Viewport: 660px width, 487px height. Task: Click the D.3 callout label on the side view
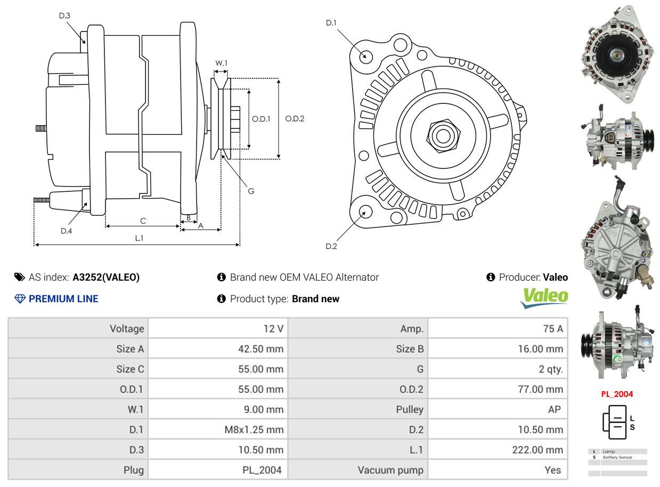[64, 16]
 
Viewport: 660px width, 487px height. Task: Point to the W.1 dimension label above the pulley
[221, 63]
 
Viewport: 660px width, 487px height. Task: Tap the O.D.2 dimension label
[295, 119]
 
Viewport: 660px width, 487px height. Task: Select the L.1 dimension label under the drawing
[139, 238]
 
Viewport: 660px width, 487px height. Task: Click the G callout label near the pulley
[251, 191]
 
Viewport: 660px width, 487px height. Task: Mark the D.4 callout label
[66, 231]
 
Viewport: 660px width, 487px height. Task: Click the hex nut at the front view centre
[442, 135]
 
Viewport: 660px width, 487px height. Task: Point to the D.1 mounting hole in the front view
[365, 55]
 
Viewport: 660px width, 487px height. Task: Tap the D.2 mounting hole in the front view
[365, 212]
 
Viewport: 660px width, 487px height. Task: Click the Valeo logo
[544, 297]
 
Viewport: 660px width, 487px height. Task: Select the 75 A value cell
[552, 329]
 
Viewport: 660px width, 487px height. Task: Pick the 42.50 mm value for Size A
[260, 349]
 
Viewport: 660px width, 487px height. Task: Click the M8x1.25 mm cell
[254, 429]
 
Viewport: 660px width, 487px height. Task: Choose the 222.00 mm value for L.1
[537, 450]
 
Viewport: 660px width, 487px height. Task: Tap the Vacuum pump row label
[390, 470]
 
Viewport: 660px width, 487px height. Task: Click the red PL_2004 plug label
[617, 394]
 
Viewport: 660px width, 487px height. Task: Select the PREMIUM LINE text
[63, 299]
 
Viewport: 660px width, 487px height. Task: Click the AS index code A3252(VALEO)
[106, 277]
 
